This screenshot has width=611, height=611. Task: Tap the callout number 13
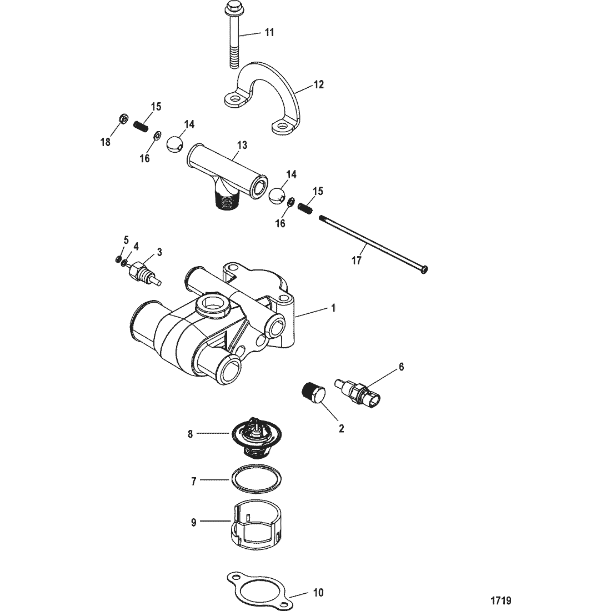(x=242, y=145)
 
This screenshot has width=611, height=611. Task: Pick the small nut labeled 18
(x=122, y=118)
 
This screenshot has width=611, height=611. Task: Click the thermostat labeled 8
(x=256, y=437)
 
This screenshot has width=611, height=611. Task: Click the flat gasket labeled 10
(x=259, y=592)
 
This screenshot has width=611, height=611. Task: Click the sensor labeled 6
(x=358, y=392)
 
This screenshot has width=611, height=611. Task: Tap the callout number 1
(x=333, y=308)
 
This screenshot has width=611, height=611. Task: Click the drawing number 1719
(x=500, y=600)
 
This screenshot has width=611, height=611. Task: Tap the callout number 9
(x=194, y=523)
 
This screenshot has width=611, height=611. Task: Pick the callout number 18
(x=106, y=143)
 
